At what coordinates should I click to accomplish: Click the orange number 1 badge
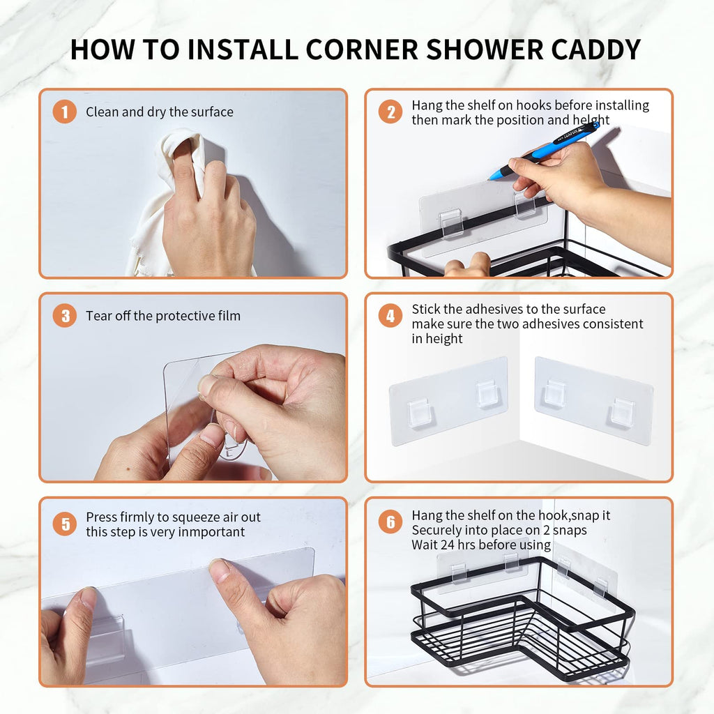(65, 112)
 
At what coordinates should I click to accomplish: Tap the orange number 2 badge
(390, 112)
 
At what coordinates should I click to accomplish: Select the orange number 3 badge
(65, 316)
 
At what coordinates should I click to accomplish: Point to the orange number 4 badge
(390, 316)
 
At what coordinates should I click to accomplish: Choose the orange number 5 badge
(65, 524)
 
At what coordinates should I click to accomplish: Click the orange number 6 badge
(390, 522)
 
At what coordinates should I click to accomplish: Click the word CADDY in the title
(596, 50)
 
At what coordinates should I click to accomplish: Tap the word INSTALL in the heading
(243, 50)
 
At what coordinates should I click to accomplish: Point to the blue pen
(544, 151)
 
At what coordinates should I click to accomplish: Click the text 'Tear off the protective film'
(163, 316)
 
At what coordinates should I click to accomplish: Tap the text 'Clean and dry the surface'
(160, 112)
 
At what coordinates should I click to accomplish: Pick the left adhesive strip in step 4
(448, 401)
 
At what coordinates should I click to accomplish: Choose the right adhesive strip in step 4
(594, 401)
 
